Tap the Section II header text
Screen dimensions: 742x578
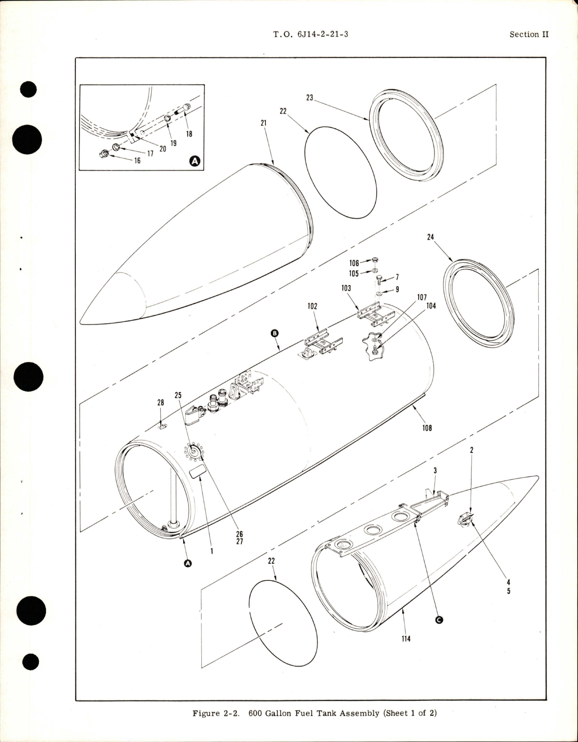point(529,34)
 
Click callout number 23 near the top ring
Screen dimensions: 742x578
point(310,97)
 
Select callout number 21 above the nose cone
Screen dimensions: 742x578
point(264,123)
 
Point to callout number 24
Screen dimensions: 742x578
point(430,237)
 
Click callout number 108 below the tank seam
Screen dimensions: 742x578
point(427,427)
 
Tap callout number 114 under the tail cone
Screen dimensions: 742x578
point(406,639)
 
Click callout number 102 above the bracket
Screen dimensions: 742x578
point(312,306)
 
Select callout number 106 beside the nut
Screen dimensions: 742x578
point(354,263)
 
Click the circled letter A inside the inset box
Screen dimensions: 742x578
point(195,160)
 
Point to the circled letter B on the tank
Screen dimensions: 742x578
point(275,334)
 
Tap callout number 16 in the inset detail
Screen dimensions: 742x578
point(137,161)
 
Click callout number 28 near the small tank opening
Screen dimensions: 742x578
point(160,403)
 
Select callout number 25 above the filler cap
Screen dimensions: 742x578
point(178,395)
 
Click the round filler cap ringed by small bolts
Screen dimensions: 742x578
point(196,451)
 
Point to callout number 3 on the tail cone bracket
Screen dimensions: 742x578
point(435,470)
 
